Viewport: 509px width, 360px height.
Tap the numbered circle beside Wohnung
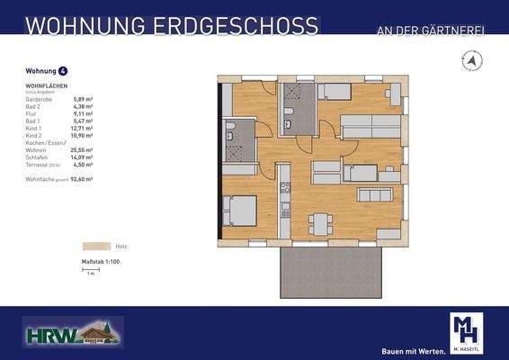tap(62, 70)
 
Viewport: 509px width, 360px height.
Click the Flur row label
tap(31, 114)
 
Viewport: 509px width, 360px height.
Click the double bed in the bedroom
tap(238, 211)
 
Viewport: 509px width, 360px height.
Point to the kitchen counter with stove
tap(285, 199)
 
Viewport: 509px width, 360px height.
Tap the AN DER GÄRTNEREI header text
tap(431, 31)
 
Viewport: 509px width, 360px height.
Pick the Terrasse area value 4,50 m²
tap(82, 164)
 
